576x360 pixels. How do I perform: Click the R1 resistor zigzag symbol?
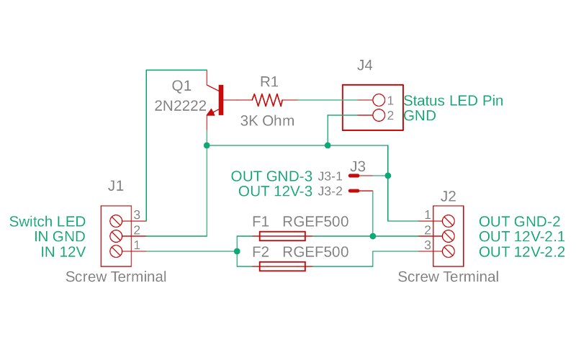(266, 99)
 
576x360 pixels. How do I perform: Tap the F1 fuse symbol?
(282, 236)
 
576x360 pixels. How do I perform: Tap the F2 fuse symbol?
(282, 266)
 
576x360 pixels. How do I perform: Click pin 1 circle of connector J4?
(379, 99)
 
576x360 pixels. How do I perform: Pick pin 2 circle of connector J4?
(379, 114)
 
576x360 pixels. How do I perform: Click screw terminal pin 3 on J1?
(115, 221)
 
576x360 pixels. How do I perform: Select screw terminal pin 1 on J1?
(115, 251)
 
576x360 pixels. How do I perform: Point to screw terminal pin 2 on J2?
(448, 235)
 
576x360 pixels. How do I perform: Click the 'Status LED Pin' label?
(453, 101)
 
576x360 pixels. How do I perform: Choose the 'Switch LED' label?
(48, 222)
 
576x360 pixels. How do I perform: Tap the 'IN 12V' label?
(63, 252)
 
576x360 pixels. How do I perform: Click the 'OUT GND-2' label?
(519, 222)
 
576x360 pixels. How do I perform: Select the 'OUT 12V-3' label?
(276, 192)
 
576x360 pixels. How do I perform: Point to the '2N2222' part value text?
(179, 105)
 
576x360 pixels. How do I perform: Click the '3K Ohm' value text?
(267, 121)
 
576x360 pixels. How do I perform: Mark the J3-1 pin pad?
(354, 176)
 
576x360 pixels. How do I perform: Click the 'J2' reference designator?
(448, 196)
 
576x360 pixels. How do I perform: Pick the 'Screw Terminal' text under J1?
(116, 276)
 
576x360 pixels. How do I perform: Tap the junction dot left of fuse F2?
(237, 251)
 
